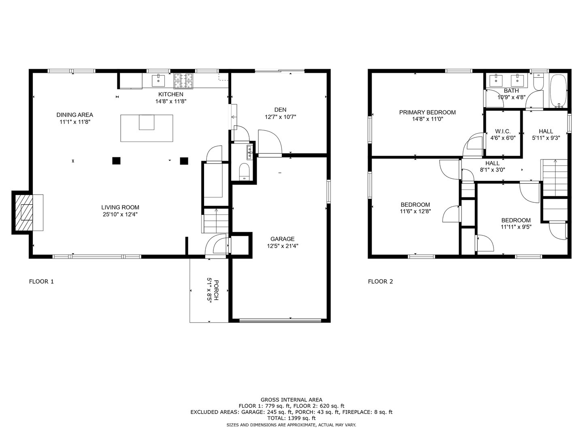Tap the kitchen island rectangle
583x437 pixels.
point(147,128)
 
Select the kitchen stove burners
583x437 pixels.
point(185,81)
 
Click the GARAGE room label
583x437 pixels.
point(283,239)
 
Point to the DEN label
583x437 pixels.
point(280,110)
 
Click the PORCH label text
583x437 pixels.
point(216,290)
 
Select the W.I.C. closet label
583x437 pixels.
point(503,132)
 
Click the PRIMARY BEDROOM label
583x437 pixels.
point(427,112)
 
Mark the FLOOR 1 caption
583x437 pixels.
point(41,282)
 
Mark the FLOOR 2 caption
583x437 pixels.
point(380,282)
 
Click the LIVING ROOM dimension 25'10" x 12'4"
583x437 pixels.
point(120,214)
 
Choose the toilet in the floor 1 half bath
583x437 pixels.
point(244,171)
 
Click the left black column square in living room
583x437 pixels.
point(116,161)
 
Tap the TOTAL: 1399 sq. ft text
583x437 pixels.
point(291,418)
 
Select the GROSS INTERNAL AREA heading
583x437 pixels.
point(291,400)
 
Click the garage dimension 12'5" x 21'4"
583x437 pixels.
point(283,246)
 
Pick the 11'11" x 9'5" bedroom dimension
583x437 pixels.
point(516,227)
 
